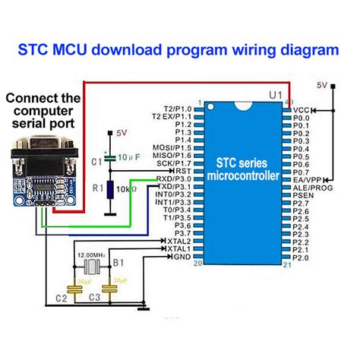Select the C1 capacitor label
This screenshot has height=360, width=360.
click(95, 162)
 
